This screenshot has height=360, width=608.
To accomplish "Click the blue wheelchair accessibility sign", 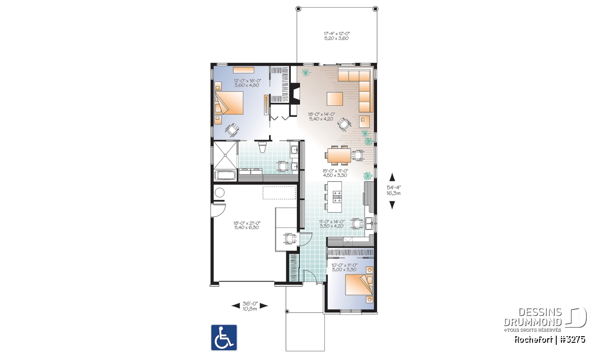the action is pos(224,338).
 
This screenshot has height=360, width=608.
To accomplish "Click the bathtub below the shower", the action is pos(225,175).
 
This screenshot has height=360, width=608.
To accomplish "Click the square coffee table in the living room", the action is pos(335,99).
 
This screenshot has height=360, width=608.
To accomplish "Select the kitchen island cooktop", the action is pos(337,196).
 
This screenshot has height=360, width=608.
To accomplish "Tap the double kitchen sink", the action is pos(370,223).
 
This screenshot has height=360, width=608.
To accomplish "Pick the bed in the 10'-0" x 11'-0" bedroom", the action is pos(359,285).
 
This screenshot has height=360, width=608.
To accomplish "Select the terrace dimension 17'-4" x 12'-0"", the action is pos(336,33).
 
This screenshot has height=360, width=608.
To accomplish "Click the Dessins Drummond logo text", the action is pos(533,317).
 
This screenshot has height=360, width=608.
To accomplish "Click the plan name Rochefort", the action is pos(533,340).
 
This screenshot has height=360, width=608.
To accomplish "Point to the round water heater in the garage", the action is pos(219,193).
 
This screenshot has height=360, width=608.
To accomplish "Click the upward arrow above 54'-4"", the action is pos(392,177).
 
